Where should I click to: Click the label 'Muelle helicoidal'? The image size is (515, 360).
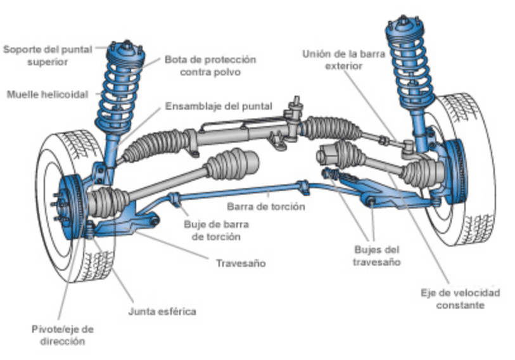48,94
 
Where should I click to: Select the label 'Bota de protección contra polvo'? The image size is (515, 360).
210,65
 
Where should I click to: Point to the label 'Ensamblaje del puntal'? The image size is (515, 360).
219,106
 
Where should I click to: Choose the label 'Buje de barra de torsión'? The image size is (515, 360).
217,229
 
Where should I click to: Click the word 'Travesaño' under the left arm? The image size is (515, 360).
240,263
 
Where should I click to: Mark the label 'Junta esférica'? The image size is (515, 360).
162,311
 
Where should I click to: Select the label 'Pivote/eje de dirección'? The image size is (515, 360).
63,335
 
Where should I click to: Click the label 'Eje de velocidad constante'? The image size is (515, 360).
460,299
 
